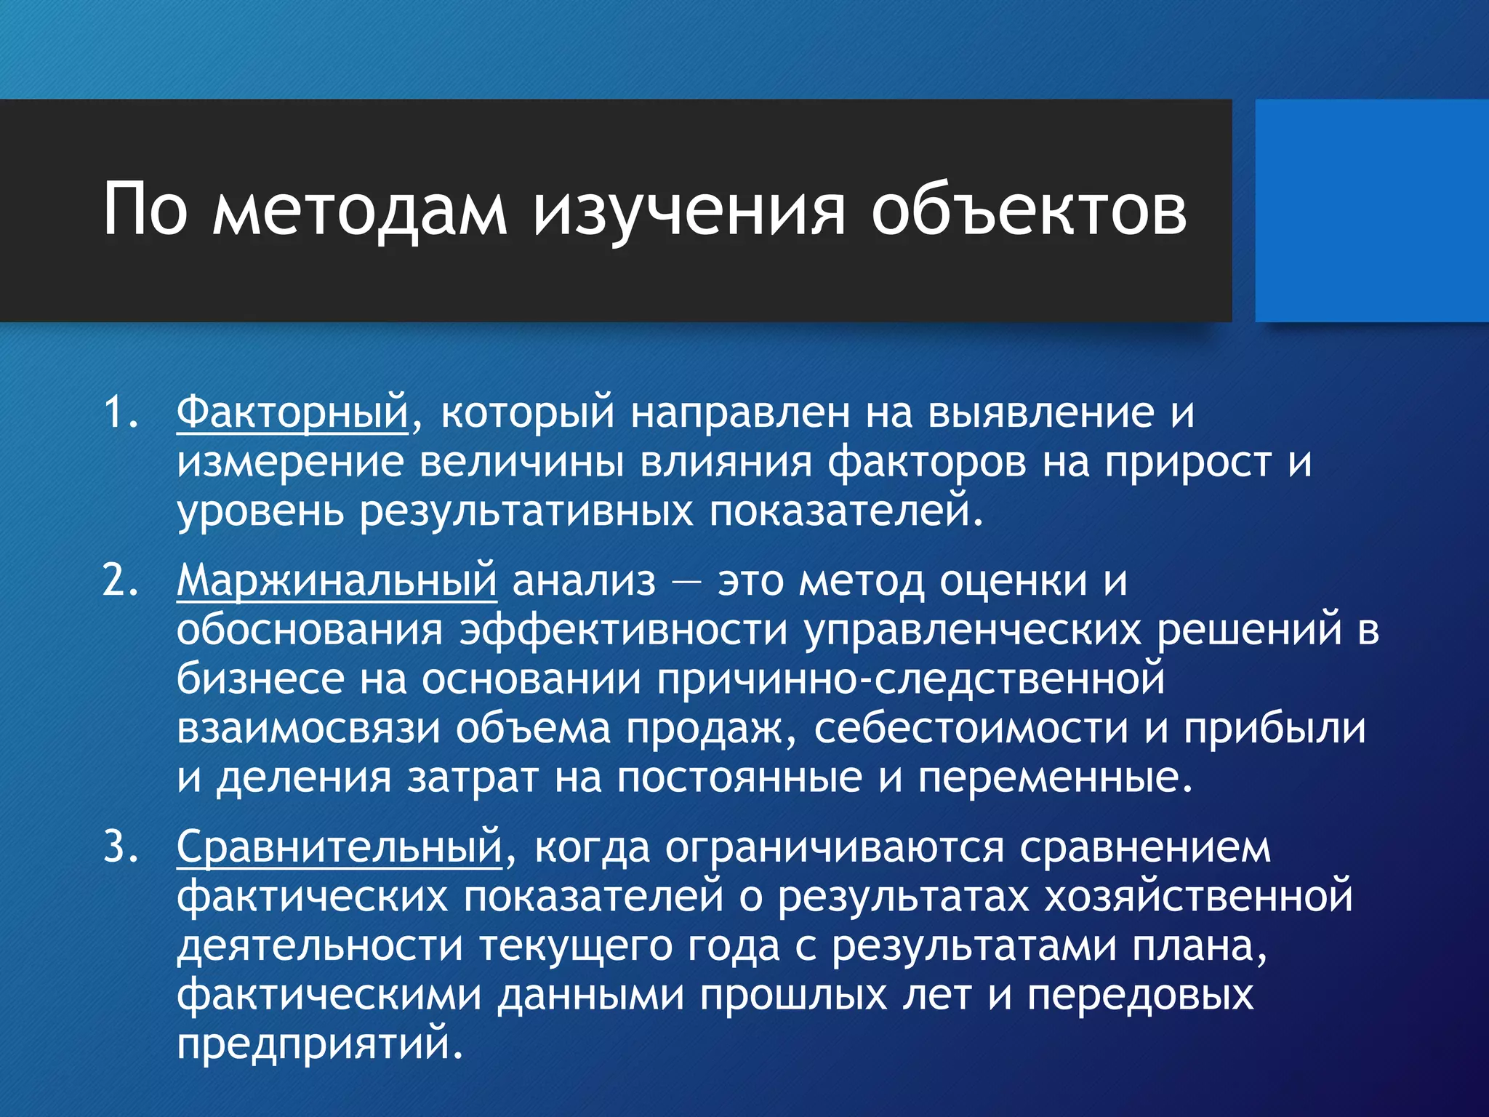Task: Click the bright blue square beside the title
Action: [x=1371, y=211]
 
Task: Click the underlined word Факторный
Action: [x=292, y=412]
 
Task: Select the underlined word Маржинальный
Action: [x=337, y=581]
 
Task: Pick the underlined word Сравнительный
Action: [x=339, y=847]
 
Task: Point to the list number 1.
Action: [x=119, y=412]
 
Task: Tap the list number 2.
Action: [x=119, y=581]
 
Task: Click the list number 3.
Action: [x=119, y=847]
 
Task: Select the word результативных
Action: [x=526, y=511]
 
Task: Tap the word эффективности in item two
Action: [x=624, y=630]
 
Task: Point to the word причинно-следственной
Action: [x=910, y=679]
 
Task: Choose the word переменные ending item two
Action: [x=1054, y=777]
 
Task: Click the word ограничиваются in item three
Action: [x=835, y=847]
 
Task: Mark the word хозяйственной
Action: [x=1198, y=897]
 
